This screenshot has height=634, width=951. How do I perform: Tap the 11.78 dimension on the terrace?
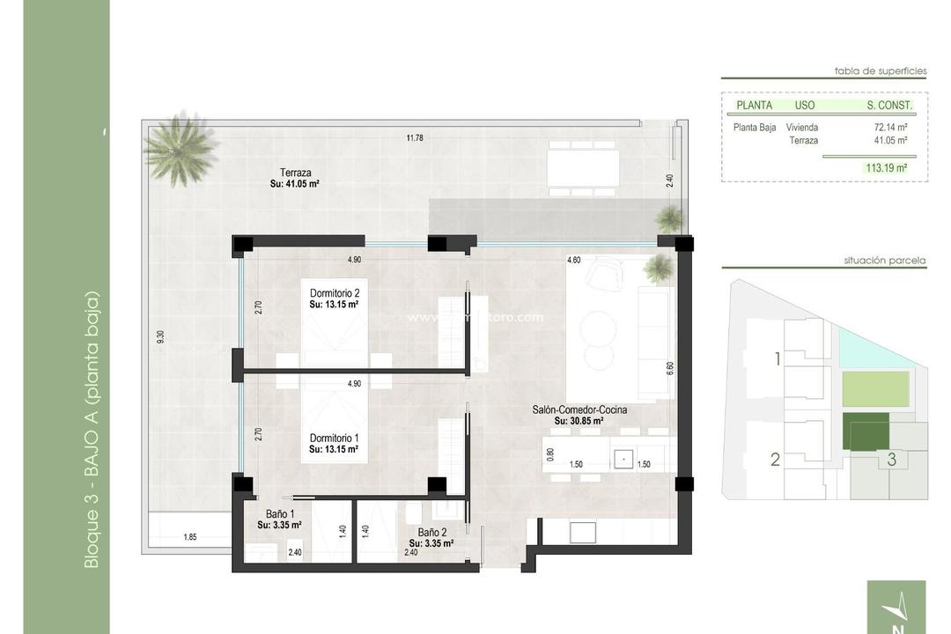[x=415, y=137]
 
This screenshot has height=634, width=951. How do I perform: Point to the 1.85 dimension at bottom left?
[x=189, y=536]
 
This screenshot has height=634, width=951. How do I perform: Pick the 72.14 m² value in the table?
[x=890, y=127]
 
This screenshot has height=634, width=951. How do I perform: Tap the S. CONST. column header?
[x=889, y=105]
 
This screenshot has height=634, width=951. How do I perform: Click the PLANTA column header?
[x=754, y=105]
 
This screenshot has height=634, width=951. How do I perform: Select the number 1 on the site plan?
[x=777, y=358]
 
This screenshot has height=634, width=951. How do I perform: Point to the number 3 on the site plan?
[x=891, y=459]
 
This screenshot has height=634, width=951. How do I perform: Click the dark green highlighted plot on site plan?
[x=865, y=431]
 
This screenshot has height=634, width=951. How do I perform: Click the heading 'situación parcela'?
[x=884, y=261]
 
